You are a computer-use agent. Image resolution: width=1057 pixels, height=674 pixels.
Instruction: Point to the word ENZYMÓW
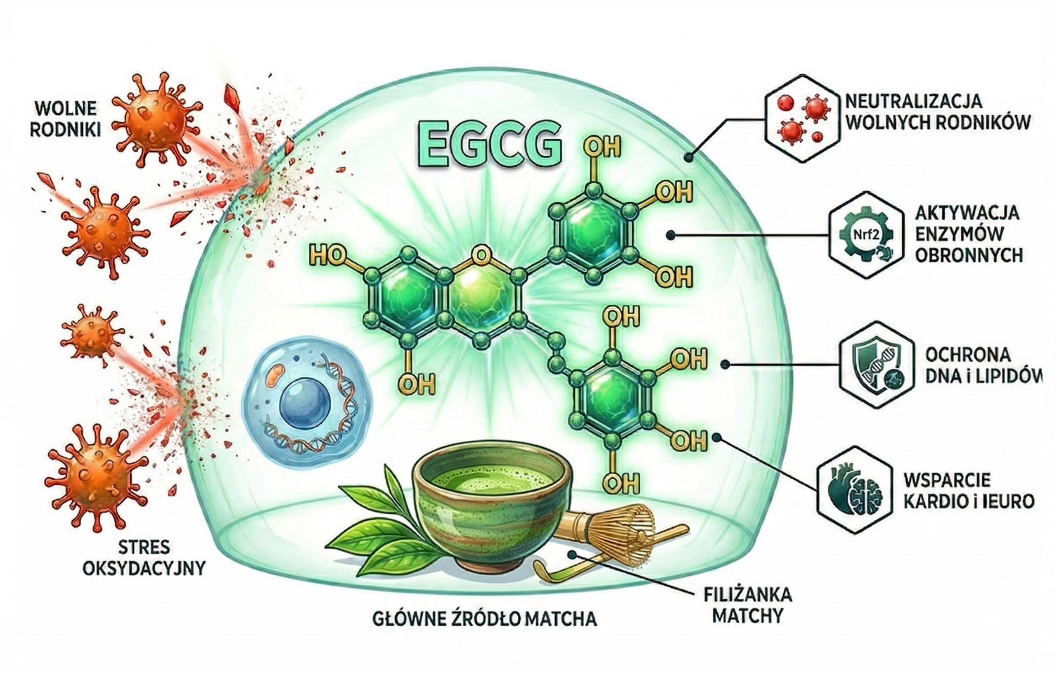(960, 233)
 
